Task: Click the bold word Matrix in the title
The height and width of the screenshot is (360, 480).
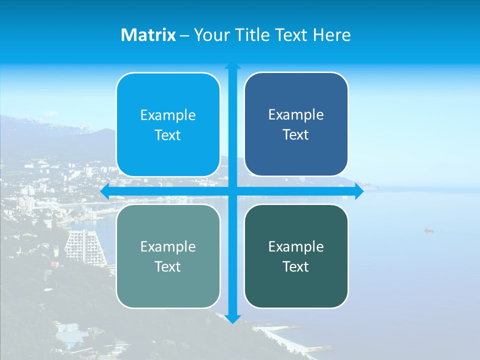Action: (148, 35)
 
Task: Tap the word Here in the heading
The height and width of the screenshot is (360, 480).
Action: (331, 35)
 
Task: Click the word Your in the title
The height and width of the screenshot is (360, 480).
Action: (210, 35)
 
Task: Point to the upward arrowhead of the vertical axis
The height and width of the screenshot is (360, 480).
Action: (232, 66)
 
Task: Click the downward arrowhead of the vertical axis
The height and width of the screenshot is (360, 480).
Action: (232, 319)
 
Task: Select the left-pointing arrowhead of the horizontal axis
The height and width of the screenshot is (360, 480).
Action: (104, 191)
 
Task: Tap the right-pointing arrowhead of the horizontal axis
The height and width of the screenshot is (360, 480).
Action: (359, 191)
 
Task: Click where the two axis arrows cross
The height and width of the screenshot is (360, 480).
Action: (232, 191)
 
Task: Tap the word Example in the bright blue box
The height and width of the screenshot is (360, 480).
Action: (168, 115)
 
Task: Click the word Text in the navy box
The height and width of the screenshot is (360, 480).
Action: (296, 135)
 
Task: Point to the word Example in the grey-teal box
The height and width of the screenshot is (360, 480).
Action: (168, 246)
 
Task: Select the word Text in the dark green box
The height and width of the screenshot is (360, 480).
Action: (296, 266)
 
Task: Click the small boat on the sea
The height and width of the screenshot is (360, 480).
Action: (428, 230)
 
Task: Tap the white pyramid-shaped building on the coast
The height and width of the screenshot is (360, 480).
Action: (82, 245)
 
